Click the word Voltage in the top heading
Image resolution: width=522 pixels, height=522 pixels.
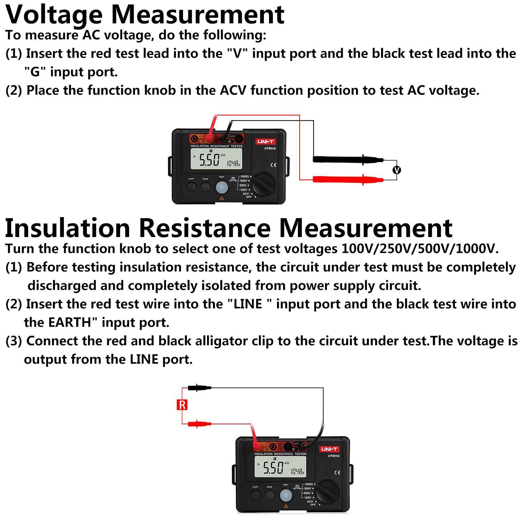[x=54, y=15]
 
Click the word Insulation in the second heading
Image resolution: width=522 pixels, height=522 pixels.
[x=68, y=228]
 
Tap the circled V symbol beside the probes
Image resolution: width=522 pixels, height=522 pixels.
[x=396, y=170]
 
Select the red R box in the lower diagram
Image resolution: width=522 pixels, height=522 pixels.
[x=182, y=405]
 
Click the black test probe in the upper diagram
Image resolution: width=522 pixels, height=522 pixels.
[x=348, y=160]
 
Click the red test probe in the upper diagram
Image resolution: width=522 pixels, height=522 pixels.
[x=348, y=180]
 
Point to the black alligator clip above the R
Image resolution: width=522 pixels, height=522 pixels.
[x=199, y=388]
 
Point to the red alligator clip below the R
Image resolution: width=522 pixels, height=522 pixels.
[x=199, y=424]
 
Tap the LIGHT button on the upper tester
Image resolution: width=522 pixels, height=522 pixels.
[x=191, y=187]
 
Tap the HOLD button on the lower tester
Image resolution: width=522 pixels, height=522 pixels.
[x=269, y=495]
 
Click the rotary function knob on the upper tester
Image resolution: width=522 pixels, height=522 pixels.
[x=263, y=184]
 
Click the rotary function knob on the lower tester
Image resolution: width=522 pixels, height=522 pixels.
[x=327, y=492]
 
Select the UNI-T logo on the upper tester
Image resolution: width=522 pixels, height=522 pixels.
[x=266, y=142]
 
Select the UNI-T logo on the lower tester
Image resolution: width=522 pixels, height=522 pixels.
[x=329, y=449]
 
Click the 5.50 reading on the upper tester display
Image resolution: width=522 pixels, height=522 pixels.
[x=209, y=160]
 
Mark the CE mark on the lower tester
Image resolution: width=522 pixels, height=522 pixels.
[x=337, y=472]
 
